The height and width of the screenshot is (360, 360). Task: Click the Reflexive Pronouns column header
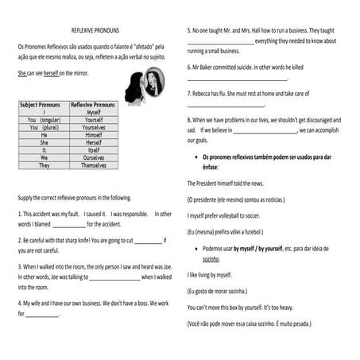(93, 104)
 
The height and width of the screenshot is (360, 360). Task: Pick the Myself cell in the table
(93, 112)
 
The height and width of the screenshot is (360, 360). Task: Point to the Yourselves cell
(93, 127)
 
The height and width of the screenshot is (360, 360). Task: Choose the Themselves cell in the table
(93, 165)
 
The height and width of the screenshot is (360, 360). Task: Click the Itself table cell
(93, 150)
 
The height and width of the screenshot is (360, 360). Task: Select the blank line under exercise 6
(237, 79)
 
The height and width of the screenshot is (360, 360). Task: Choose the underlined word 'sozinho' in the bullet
(211, 259)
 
